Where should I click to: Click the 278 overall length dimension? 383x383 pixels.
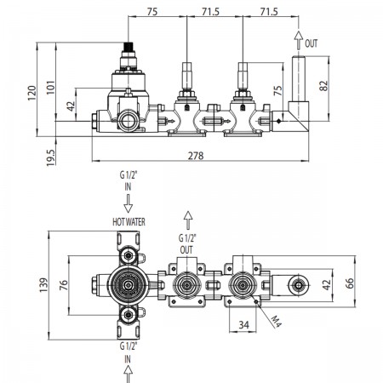coord(196,156)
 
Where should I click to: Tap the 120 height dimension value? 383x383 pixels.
coord(32,93)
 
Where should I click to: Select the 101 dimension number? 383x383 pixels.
coord(50,88)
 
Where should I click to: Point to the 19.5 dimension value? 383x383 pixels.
coord(50,157)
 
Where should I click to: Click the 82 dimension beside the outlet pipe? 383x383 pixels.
coord(323,86)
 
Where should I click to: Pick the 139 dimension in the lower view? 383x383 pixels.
coord(43,285)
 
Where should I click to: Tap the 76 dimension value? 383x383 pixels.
coord(64,285)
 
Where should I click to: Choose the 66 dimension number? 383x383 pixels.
coord(350,283)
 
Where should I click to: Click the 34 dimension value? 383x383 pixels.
coord(243,325)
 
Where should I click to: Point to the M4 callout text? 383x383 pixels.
coord(276,322)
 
